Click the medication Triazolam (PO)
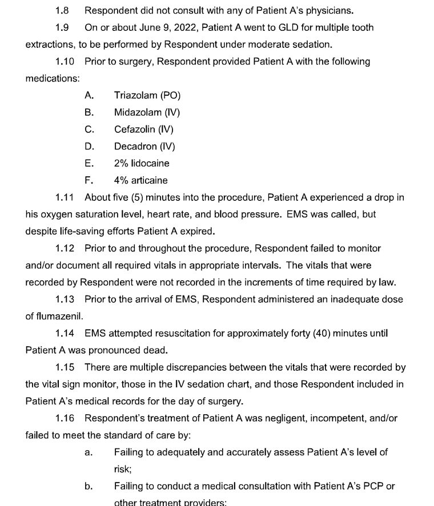click(x=147, y=95)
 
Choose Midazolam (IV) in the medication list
click(x=147, y=112)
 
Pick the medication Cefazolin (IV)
click(x=144, y=129)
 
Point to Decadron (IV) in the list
click(x=144, y=147)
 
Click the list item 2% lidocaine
click(x=142, y=163)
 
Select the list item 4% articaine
click(x=140, y=180)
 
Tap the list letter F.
click(x=88, y=180)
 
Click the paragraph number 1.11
click(x=65, y=197)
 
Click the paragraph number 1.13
click(x=65, y=299)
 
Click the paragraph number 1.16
click(x=65, y=418)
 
